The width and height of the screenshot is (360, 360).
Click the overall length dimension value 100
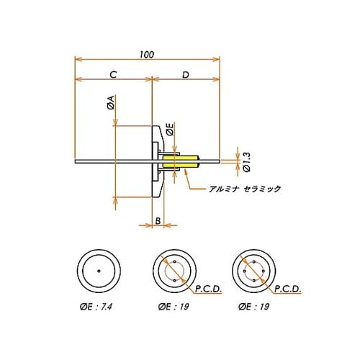[147, 55]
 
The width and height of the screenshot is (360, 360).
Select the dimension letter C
[113, 75]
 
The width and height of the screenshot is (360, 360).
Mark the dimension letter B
[158, 221]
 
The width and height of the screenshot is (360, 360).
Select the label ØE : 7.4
[98, 307]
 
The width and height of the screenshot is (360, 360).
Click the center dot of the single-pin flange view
[98, 271]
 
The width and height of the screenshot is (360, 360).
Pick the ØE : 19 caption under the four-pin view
[256, 307]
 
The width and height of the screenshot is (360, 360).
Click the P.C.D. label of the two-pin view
[210, 289]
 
